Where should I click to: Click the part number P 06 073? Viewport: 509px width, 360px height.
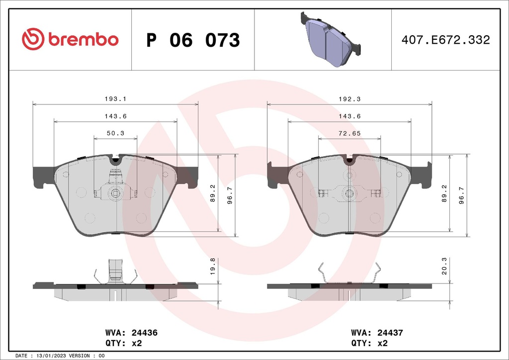[193, 40]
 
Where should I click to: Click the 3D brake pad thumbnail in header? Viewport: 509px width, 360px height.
[331, 40]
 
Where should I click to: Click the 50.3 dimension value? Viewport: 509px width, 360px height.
[115, 133]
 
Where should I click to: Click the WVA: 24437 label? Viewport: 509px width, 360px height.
[376, 333]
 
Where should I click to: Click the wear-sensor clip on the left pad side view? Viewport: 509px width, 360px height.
[115, 272]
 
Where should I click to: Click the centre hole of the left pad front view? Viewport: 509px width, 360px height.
[115, 193]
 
